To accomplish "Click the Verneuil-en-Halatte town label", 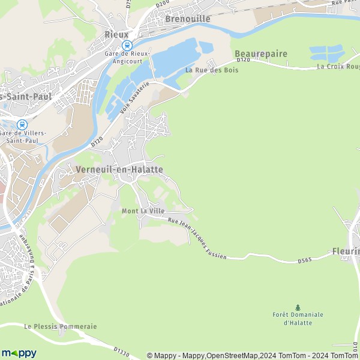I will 119,170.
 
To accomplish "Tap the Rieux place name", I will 116,34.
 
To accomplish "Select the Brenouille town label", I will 188,19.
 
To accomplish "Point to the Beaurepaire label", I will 261,53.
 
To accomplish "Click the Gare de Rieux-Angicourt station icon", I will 127,45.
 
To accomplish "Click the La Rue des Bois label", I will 212,70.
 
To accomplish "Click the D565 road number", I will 305,261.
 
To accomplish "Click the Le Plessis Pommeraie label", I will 61,326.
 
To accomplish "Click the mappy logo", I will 19,353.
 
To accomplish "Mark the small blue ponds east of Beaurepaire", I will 325,52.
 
